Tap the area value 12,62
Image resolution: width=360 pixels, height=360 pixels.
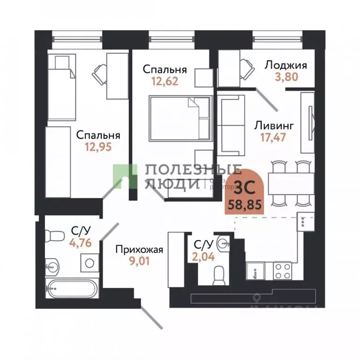click(x=165, y=82)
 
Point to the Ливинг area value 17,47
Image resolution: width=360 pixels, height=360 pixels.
click(x=273, y=137)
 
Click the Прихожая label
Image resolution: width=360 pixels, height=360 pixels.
click(x=139, y=249)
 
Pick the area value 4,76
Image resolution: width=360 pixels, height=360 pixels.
click(x=80, y=242)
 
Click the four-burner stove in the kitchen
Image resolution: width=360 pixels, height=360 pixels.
click(x=283, y=270)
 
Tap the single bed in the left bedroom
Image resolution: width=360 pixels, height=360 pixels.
click(x=62, y=87)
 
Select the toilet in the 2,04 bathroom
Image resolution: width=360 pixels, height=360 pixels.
click(x=218, y=276)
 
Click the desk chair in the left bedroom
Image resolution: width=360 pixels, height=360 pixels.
click(x=100, y=73)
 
